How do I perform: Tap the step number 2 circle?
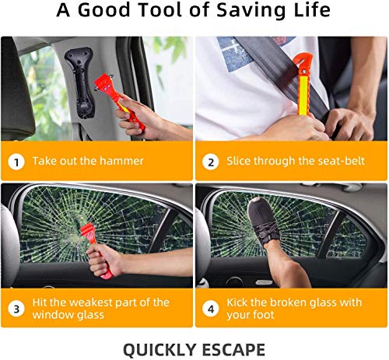pos(210,162)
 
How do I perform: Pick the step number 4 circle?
pos(210,309)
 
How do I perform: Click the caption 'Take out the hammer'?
pos(88,162)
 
